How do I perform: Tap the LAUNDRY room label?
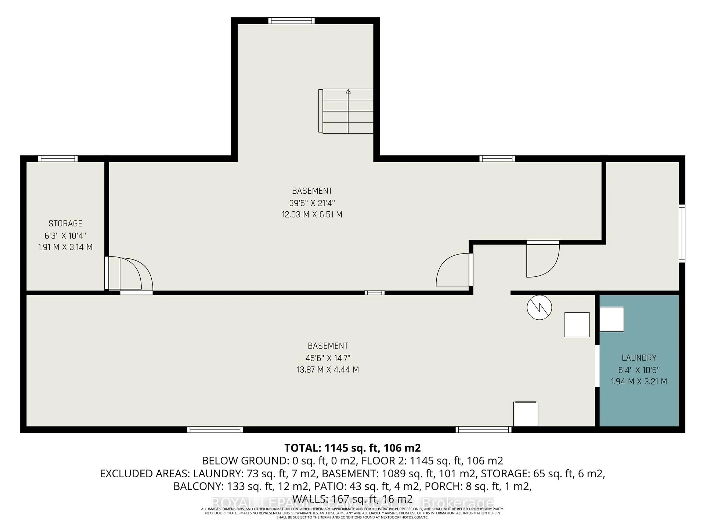(x=639, y=358)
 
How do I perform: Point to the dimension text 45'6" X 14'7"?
(x=328, y=358)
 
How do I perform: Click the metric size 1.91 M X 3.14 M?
(x=65, y=247)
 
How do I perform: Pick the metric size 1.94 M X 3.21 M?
(x=639, y=381)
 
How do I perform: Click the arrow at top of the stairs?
(x=348, y=91)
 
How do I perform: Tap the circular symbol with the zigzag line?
(x=539, y=307)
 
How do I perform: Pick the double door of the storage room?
(x=129, y=274)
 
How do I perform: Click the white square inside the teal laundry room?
(x=612, y=319)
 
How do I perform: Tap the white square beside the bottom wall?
(x=526, y=414)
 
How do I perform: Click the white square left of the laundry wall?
(x=577, y=325)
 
